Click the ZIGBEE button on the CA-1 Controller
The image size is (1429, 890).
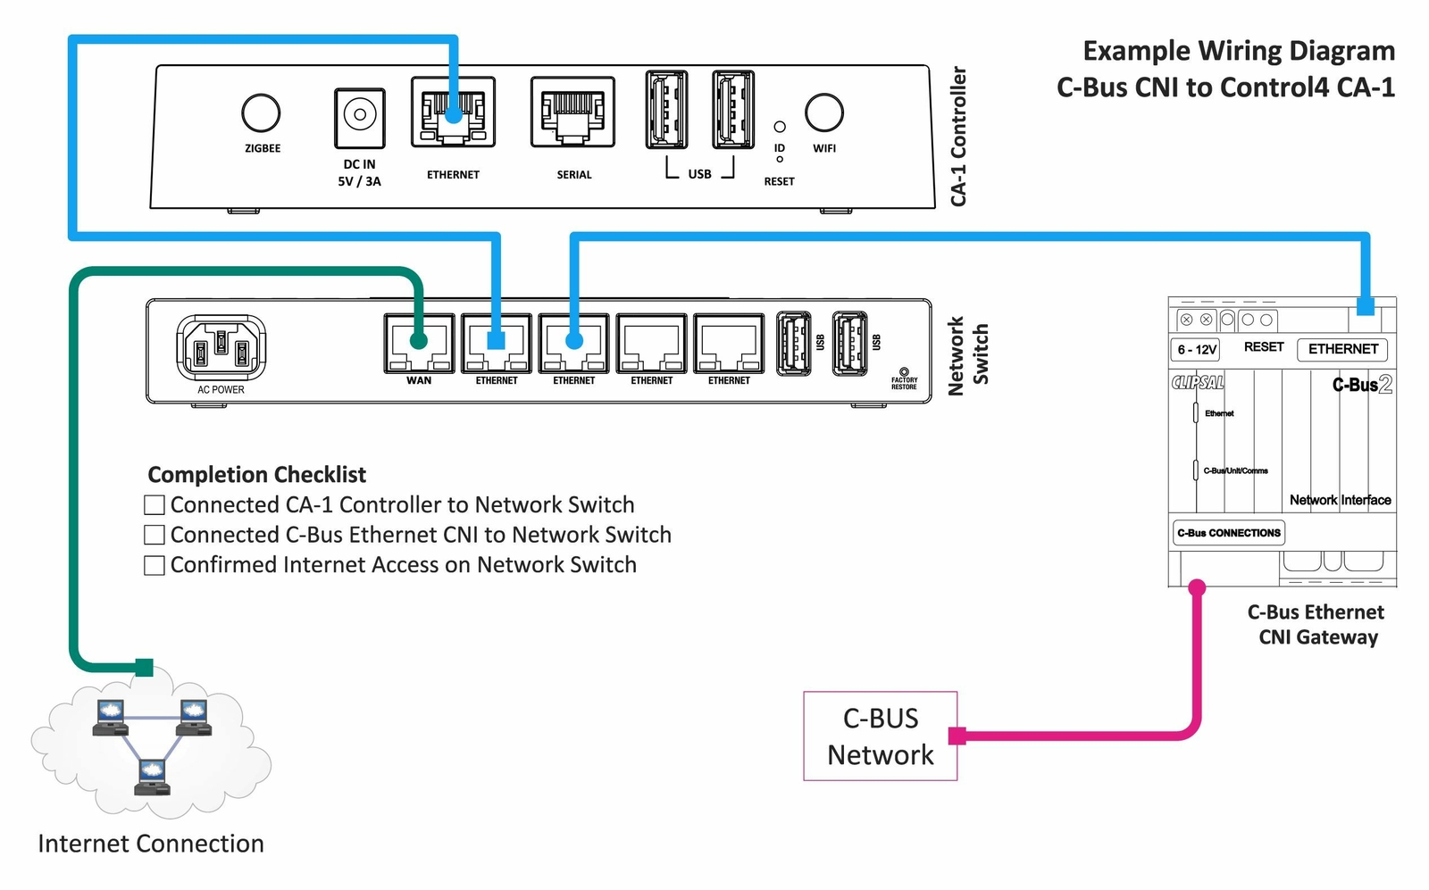(x=261, y=113)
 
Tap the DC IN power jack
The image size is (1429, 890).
(x=360, y=117)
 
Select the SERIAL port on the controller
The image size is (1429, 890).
(x=572, y=112)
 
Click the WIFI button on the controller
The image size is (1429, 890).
(x=823, y=112)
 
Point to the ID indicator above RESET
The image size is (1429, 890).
(x=780, y=128)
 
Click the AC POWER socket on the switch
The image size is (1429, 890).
(x=221, y=347)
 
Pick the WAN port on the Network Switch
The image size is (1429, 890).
(x=419, y=343)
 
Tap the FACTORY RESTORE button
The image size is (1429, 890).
(x=904, y=372)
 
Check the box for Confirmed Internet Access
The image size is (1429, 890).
(x=155, y=565)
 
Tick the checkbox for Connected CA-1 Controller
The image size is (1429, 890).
(x=155, y=505)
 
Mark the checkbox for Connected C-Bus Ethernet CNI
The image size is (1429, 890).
(x=155, y=535)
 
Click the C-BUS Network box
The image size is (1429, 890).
(x=880, y=736)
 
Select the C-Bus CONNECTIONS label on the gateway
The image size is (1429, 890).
(x=1229, y=533)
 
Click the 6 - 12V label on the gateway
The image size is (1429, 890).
(x=1196, y=350)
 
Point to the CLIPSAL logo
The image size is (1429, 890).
(x=1198, y=383)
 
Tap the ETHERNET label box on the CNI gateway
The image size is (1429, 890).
(x=1342, y=349)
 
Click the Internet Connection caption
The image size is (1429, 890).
(x=151, y=844)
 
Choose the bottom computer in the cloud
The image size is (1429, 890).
(x=152, y=776)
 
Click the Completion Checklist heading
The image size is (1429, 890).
(x=257, y=475)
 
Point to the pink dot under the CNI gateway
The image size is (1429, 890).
(x=1197, y=587)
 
